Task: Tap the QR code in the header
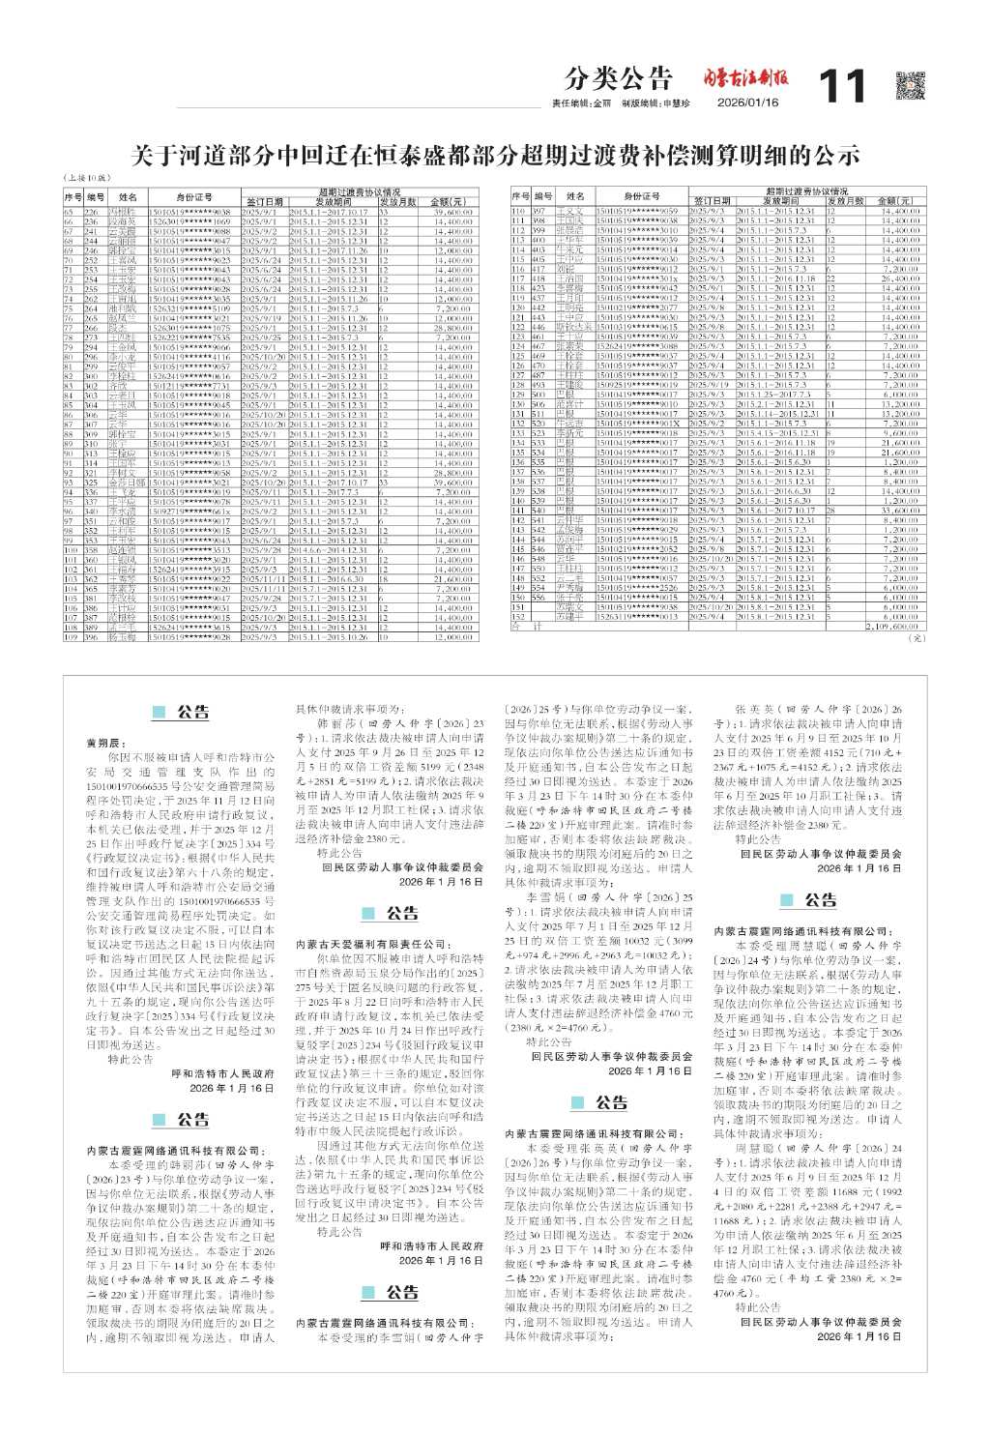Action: pos(912,86)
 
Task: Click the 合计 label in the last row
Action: pos(520,627)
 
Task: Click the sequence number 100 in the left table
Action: pos(70,549)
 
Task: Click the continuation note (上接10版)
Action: pos(86,179)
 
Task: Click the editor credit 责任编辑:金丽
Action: pos(583,102)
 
